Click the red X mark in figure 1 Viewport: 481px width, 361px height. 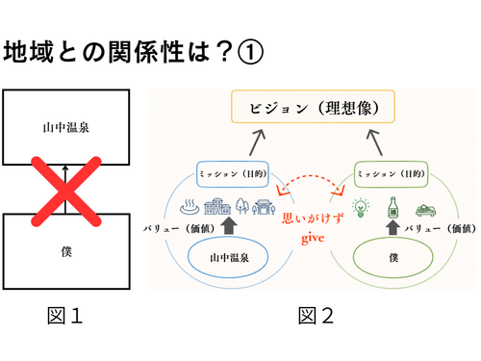(66, 192)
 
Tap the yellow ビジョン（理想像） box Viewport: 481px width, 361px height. (313, 107)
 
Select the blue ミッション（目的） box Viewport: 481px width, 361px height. (233, 174)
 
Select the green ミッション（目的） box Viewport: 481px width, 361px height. (392, 174)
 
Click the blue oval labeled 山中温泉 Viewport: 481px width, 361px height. (228, 257)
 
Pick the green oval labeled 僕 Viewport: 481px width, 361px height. (393, 257)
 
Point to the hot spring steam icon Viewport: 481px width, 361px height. (190, 207)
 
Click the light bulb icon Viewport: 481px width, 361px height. (361, 208)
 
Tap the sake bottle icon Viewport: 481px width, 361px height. (392, 208)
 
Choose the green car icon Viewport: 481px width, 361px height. (425, 210)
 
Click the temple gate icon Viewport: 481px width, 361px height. (264, 207)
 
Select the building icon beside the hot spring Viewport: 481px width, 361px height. (217, 206)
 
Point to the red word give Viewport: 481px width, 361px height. (313, 239)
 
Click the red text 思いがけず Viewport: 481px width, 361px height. (313, 219)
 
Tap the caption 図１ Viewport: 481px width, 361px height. (65, 316)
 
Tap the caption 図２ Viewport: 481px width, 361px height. (316, 316)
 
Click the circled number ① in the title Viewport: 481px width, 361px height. (250, 52)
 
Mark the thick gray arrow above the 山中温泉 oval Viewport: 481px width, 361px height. (229, 225)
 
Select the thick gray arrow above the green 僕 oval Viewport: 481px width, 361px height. (392, 227)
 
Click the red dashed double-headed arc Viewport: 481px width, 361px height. (311, 176)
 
